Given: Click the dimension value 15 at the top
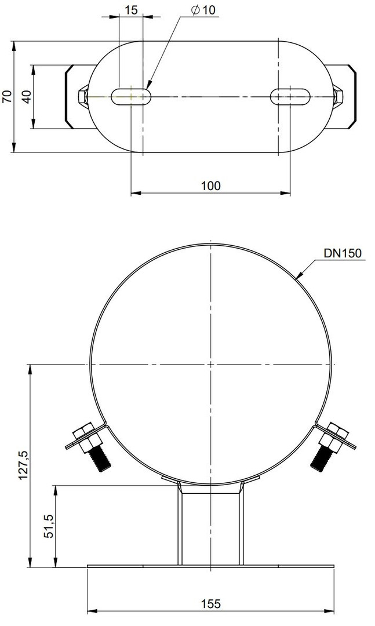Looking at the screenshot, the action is pos(131,10).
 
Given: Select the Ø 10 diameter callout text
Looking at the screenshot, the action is pos(203,10).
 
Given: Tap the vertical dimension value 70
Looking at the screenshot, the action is pos(7,97).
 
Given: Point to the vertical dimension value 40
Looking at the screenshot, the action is pos(26,97).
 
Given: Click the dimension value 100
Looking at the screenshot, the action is pos(210,185).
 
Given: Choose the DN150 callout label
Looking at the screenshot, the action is pos(342,253).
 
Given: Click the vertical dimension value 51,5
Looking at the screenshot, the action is pos(48,526).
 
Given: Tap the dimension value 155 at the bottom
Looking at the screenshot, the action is pos(210,603).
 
